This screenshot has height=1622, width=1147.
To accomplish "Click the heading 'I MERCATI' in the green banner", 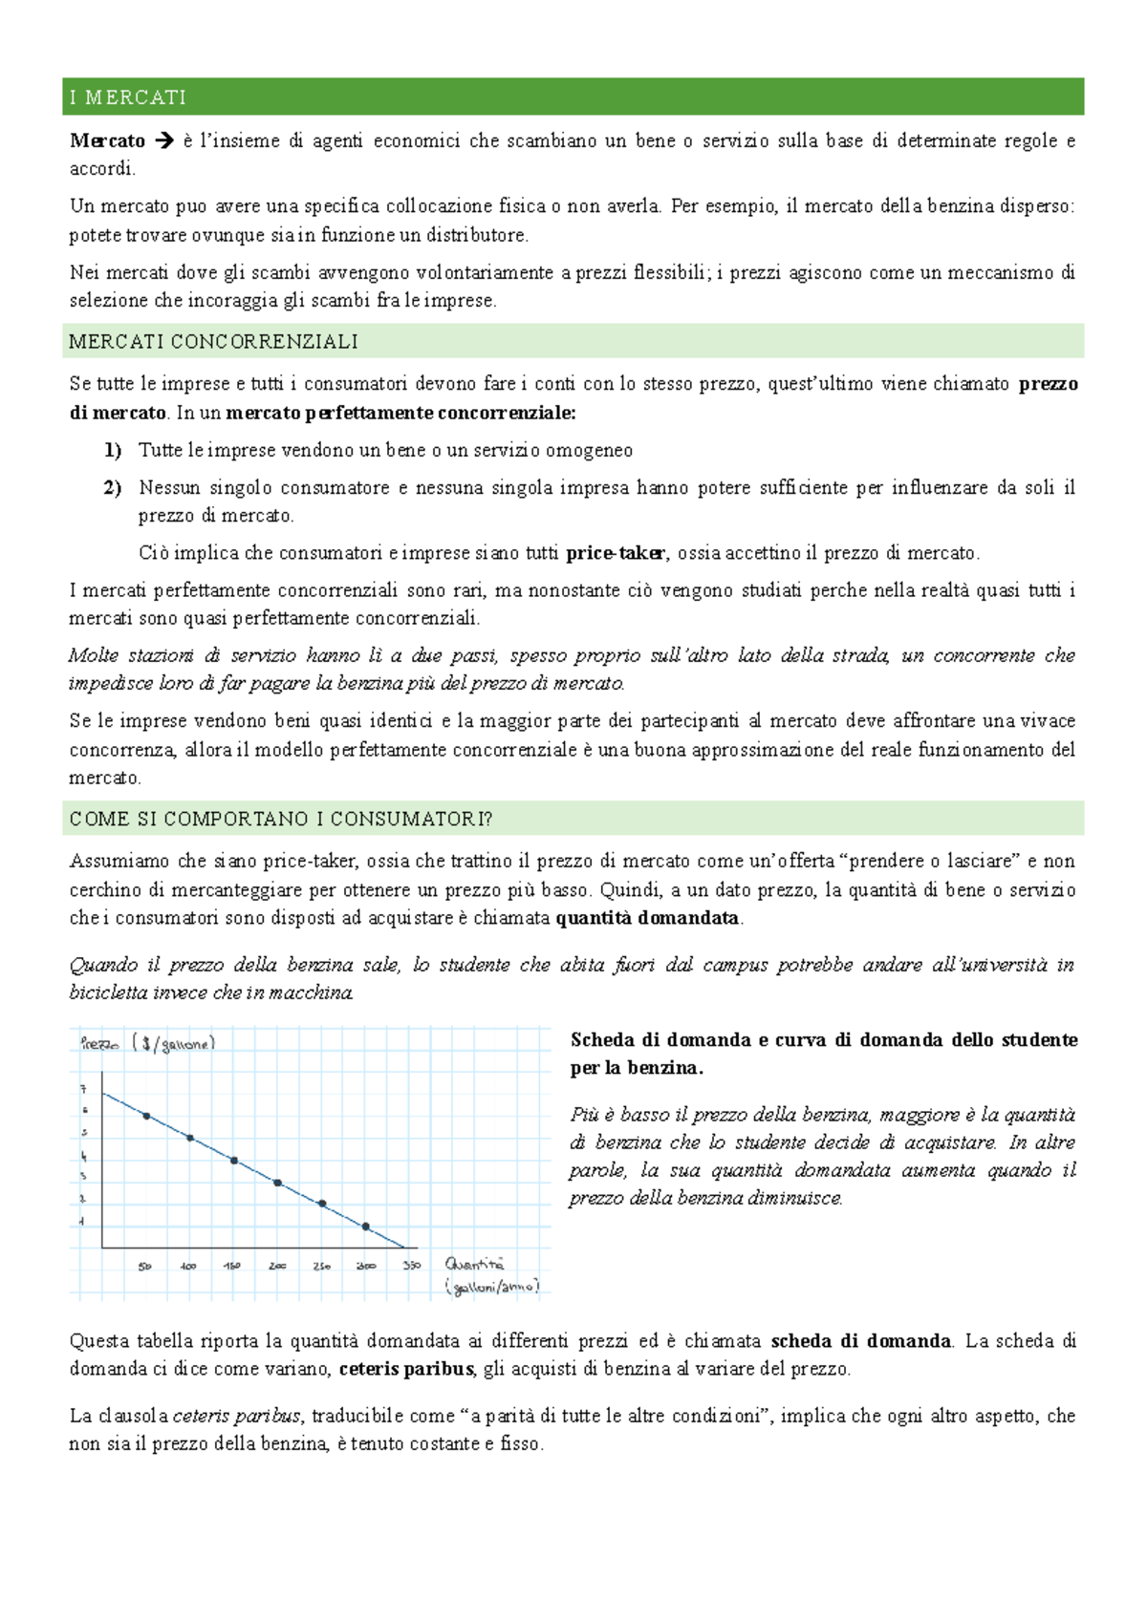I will (x=128, y=97).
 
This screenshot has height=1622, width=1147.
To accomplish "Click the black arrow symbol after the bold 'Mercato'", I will (x=164, y=141).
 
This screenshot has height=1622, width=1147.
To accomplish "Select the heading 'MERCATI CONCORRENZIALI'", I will (x=213, y=341).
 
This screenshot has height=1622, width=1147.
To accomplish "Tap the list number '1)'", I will (x=113, y=450).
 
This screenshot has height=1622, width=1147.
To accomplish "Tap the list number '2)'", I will (x=113, y=488).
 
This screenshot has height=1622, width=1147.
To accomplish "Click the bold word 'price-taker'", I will (x=617, y=553).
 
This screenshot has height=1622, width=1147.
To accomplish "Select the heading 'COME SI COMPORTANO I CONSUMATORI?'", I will (x=281, y=819).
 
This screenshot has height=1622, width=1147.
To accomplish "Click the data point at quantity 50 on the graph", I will (x=146, y=1116).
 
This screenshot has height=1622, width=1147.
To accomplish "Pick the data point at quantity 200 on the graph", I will (x=278, y=1183).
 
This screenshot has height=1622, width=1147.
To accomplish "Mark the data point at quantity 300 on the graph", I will (x=366, y=1227).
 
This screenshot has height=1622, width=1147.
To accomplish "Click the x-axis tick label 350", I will (x=412, y=1266).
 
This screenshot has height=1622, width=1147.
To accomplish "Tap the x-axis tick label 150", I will (x=232, y=1266).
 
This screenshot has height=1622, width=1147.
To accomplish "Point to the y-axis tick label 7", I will (x=83, y=1089).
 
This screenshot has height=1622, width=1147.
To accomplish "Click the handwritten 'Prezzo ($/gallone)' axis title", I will (x=148, y=1044).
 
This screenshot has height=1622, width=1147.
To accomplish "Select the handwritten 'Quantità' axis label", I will (x=474, y=1264).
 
